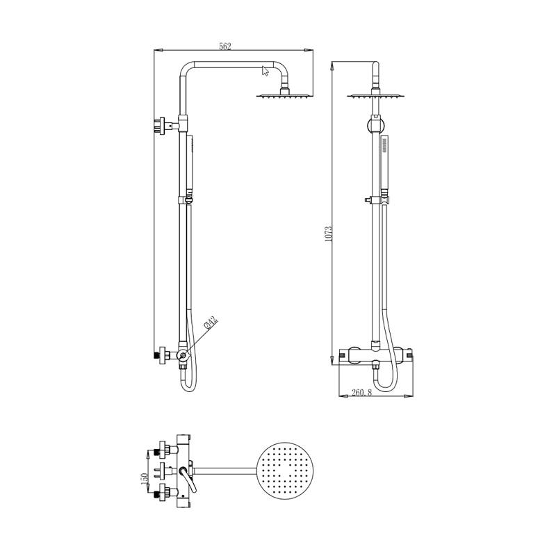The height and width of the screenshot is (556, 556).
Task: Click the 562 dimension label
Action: click(x=225, y=47)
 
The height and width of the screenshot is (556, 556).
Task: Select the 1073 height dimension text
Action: click(x=328, y=234)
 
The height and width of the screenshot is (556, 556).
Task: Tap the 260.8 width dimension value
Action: click(x=361, y=393)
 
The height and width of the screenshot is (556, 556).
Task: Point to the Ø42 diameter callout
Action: click(x=211, y=322)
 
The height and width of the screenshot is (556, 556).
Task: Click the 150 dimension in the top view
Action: click(x=145, y=480)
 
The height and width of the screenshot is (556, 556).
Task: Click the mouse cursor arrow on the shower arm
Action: click(x=265, y=71)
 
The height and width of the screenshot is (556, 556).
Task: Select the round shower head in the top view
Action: click(x=285, y=471)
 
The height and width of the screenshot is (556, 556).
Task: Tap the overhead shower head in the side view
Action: click(x=285, y=95)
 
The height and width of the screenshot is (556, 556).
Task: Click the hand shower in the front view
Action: click(x=385, y=165)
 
